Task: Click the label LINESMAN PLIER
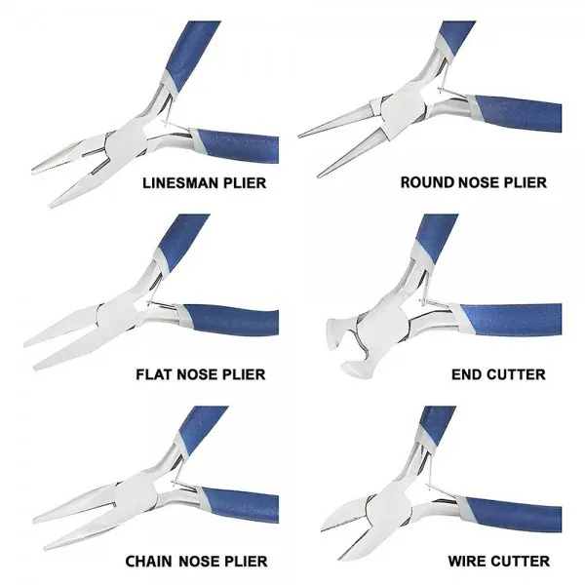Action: click(206, 182)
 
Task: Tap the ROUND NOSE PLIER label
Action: click(474, 182)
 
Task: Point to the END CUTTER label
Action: click(498, 373)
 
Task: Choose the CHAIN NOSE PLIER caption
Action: click(196, 561)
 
